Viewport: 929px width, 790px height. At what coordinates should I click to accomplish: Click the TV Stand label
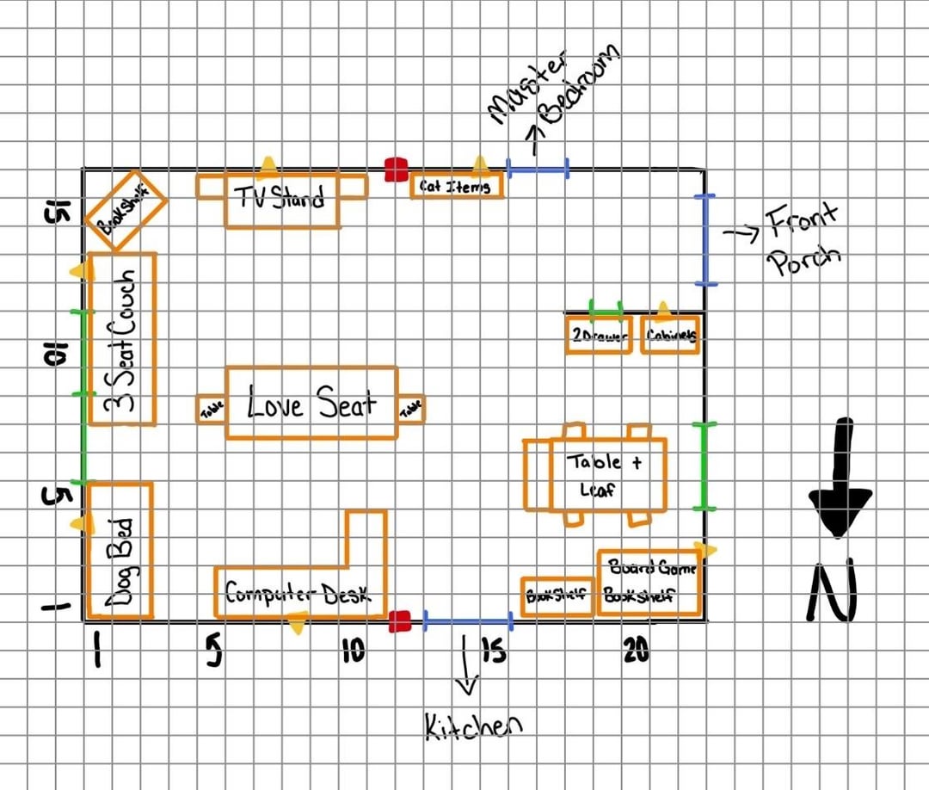pyautogui.click(x=281, y=199)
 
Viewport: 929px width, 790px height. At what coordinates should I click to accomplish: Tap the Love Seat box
pyautogui.click(x=311, y=403)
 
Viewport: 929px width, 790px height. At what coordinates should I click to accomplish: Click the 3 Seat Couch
pyautogui.click(x=122, y=338)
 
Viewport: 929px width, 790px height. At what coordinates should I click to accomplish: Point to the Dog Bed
pyautogui.click(x=120, y=551)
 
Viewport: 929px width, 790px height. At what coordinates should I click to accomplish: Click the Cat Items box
pyautogui.click(x=455, y=186)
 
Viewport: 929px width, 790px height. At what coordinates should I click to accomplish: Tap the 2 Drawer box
pyautogui.click(x=599, y=335)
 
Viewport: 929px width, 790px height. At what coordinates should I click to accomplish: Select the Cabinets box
pyautogui.click(x=671, y=335)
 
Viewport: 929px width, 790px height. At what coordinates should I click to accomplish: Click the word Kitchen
pyautogui.click(x=473, y=726)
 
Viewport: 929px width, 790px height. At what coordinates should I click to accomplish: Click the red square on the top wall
pyautogui.click(x=396, y=170)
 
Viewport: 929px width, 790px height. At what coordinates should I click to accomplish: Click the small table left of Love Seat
pyautogui.click(x=212, y=408)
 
